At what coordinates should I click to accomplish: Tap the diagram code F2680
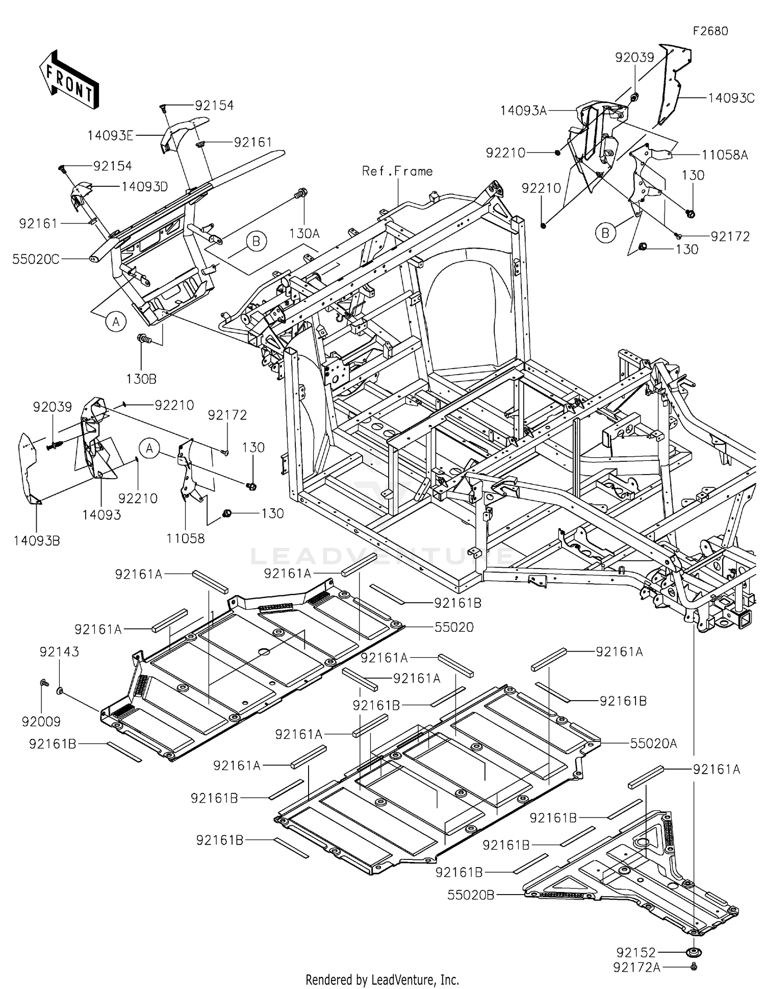coord(710,31)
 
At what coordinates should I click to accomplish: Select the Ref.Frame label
coord(397,171)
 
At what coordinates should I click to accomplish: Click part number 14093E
coord(110,135)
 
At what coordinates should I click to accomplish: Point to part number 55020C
coord(36,259)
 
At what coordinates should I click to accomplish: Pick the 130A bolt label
coord(304,233)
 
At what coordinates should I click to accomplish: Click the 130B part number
coord(141,379)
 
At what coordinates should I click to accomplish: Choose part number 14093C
coord(731,98)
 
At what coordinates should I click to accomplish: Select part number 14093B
coord(37,540)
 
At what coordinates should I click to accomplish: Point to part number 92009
coord(41,721)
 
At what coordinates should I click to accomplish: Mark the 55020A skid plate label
coord(653,744)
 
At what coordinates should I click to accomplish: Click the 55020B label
coord(471,895)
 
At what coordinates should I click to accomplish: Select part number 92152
coord(635,952)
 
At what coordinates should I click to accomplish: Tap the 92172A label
coord(637,967)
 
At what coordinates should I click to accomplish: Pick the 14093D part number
coord(144,187)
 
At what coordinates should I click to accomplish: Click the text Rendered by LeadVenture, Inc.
coord(382,979)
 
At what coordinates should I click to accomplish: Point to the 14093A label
coord(523,110)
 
